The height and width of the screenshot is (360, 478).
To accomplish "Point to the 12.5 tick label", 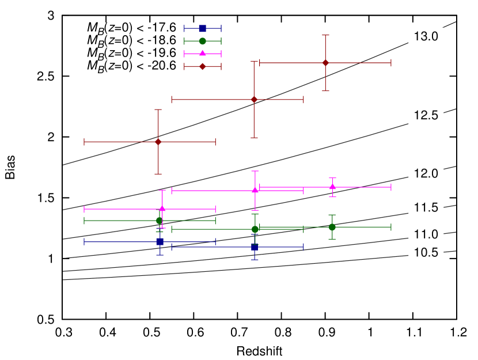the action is pyautogui.click(x=426, y=115).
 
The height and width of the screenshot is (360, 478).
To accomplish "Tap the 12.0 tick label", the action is pyautogui.click(x=426, y=173).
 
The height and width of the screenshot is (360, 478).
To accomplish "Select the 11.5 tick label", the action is pyautogui.click(x=426, y=207).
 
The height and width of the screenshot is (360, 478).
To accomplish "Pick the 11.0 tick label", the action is pyautogui.click(x=426, y=234).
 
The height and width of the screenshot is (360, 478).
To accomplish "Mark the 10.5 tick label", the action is pyautogui.click(x=426, y=252).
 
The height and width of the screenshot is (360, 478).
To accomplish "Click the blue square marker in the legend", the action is pyautogui.click(x=203, y=28).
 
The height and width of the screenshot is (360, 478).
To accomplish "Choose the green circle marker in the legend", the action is pyautogui.click(x=203, y=41).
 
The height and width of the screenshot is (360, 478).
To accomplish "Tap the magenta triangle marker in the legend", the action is pyautogui.click(x=203, y=54).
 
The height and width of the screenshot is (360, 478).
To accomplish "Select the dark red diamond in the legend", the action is pyautogui.click(x=203, y=66).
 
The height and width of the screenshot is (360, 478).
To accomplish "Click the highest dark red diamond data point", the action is pyautogui.click(x=326, y=63).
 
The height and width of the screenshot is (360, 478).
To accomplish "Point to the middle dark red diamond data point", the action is pyautogui.click(x=254, y=100).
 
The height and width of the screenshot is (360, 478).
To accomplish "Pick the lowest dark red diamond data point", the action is pyautogui.click(x=158, y=142).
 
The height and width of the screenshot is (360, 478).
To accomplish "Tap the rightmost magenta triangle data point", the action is pyautogui.click(x=333, y=187).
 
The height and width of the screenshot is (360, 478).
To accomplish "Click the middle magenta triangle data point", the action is pyautogui.click(x=255, y=190).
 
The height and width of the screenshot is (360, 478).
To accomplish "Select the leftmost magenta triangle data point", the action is pyautogui.click(x=162, y=209).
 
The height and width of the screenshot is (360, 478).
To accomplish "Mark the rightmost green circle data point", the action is pyautogui.click(x=332, y=227).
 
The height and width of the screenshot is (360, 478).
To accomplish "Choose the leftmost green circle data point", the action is pyautogui.click(x=160, y=220).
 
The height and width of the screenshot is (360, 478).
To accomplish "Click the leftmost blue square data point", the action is pyautogui.click(x=160, y=242).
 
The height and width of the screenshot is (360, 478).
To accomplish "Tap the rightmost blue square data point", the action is pyautogui.click(x=255, y=247).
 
